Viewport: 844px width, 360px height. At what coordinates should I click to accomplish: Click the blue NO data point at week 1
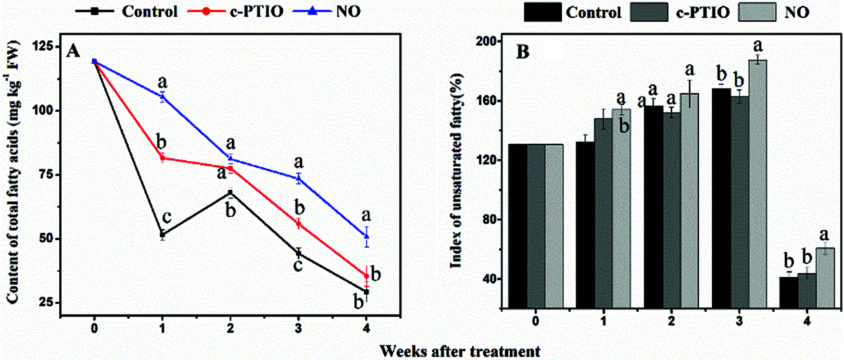163,97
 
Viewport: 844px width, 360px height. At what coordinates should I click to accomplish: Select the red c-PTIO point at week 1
163,158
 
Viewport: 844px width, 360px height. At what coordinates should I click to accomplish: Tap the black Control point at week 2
230,193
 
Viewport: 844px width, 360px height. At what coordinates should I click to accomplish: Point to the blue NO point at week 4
366,236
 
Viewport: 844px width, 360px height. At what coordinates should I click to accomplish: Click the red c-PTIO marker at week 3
299,224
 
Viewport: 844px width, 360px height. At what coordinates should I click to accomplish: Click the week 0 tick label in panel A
94,329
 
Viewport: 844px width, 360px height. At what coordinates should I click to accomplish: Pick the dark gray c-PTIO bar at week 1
604,213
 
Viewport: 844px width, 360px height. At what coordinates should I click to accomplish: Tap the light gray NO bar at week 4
825,278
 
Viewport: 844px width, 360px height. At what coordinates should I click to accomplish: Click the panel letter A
73,50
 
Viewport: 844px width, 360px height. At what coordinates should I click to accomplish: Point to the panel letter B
523,52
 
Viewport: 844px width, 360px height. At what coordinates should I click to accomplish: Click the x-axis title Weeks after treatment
460,351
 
